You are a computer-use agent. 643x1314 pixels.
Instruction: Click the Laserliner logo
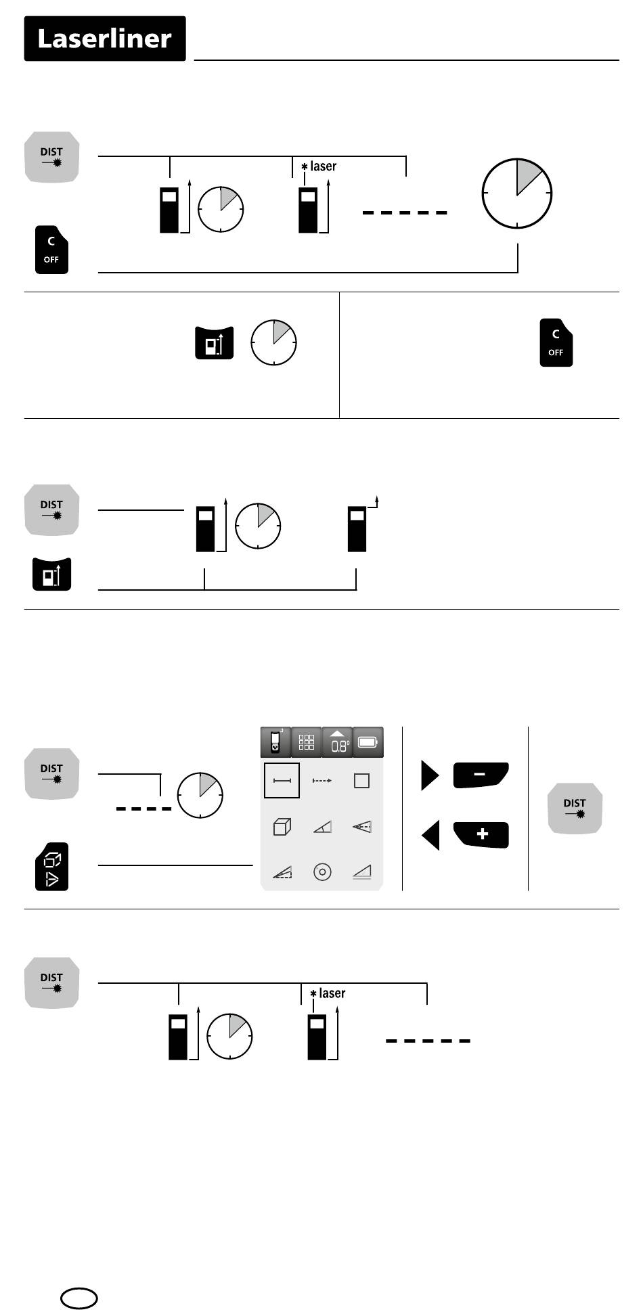105,39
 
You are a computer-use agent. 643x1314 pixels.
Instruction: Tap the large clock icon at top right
517,194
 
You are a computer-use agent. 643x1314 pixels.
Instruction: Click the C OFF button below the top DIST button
51,250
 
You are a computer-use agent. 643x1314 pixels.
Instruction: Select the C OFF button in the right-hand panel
556,342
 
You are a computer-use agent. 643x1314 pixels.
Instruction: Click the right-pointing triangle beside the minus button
430,775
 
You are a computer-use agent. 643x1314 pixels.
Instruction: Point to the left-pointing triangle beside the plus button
430,835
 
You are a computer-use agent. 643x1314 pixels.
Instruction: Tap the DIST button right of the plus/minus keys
575,809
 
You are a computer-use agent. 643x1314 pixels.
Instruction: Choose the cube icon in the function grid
282,827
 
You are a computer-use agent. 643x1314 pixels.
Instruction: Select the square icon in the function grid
362,781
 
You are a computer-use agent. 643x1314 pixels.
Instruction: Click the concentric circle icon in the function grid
322,872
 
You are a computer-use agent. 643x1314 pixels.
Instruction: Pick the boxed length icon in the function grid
282,781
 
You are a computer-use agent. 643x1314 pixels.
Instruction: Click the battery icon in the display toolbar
368,742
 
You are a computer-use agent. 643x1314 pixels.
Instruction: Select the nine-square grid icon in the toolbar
307,742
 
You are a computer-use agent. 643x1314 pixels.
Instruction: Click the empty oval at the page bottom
79,1297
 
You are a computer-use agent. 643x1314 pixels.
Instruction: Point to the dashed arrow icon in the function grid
322,781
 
